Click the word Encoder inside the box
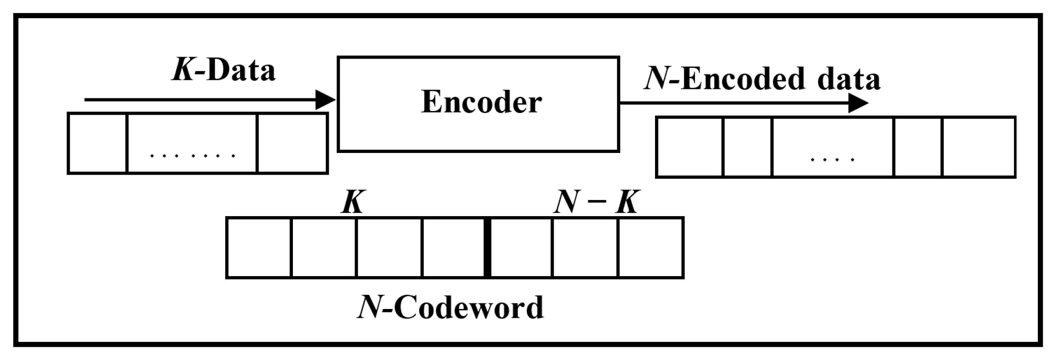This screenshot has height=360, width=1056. (481, 102)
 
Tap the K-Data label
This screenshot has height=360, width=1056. (224, 71)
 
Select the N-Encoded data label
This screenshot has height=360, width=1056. (762, 80)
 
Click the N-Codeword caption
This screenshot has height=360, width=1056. (450, 307)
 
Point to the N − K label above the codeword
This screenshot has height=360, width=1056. (595, 203)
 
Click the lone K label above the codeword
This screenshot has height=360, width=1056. (352, 203)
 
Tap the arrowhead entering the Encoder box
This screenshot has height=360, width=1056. (325, 99)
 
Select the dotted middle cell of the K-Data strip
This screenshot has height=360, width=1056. (192, 143)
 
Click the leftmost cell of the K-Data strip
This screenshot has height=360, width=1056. (97, 143)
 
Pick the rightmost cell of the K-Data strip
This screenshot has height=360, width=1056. (292, 143)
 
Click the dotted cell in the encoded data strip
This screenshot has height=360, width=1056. (833, 147)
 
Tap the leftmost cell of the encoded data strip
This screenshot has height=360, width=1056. (690, 147)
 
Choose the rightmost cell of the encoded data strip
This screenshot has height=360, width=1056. (978, 147)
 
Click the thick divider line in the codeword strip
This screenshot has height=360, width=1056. (487, 247)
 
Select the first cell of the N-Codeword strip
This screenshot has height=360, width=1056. (259, 247)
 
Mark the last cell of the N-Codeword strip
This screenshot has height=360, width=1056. (650, 247)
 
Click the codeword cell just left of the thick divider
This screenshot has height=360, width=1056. (454, 247)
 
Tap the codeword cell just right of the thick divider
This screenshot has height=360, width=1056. (521, 247)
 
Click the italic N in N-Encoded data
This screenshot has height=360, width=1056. (658, 80)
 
